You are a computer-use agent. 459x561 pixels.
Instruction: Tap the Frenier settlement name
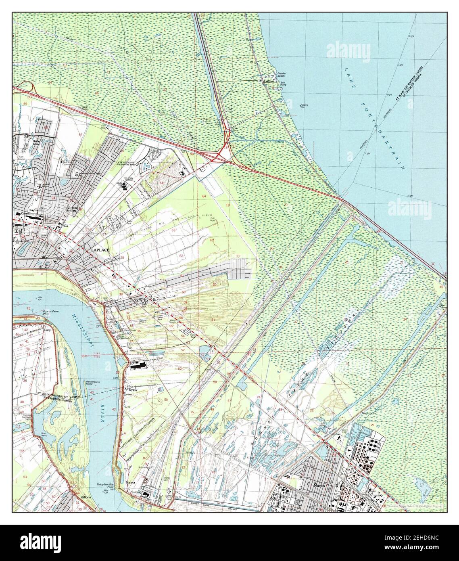click(x=269, y=81)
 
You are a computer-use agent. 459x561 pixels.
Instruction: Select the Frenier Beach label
click(x=281, y=75)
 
